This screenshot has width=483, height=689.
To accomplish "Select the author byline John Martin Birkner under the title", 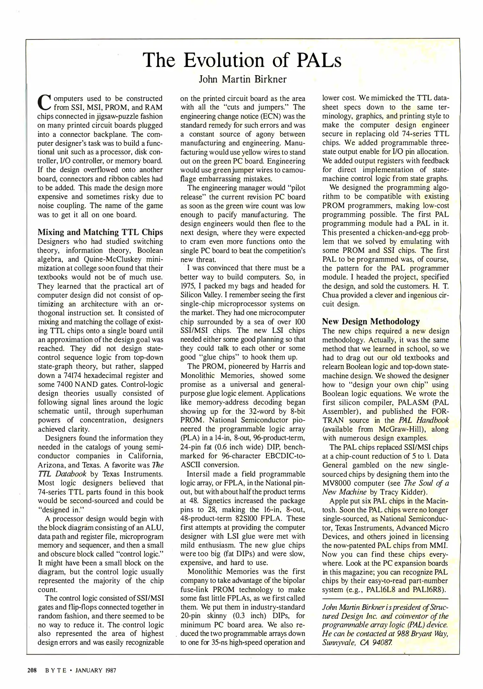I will pyautogui.click(x=243, y=79).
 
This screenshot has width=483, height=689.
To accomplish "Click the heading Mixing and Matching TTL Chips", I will pyautogui.click(x=100, y=232).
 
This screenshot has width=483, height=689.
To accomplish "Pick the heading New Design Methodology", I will pyautogui.click(x=371, y=321).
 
